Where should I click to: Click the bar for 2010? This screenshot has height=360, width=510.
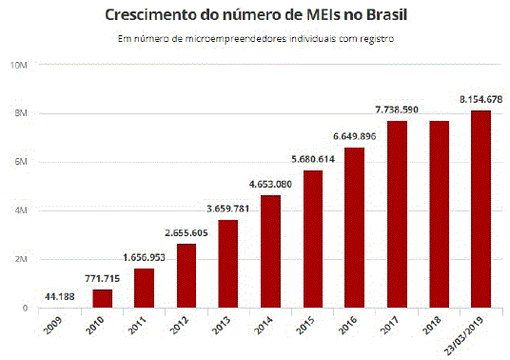click(x=103, y=298)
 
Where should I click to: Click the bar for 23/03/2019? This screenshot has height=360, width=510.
click(x=480, y=209)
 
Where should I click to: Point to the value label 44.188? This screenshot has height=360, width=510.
click(x=61, y=296)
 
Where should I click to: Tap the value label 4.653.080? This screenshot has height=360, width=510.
click(x=270, y=185)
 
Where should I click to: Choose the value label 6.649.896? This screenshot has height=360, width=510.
click(x=354, y=136)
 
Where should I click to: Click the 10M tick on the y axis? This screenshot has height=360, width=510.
click(x=17, y=65)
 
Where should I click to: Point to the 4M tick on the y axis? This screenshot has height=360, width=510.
click(x=19, y=210)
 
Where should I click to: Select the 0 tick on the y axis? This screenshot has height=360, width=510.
click(x=24, y=308)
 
